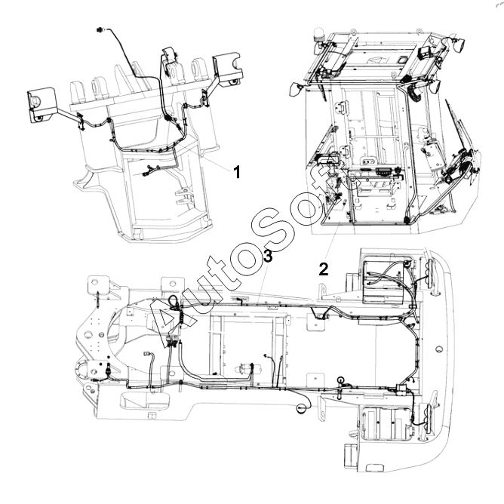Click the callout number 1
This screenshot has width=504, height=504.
(x=237, y=172)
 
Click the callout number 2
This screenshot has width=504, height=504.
(x=324, y=269)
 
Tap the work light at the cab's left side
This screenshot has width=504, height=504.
(x=295, y=89)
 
